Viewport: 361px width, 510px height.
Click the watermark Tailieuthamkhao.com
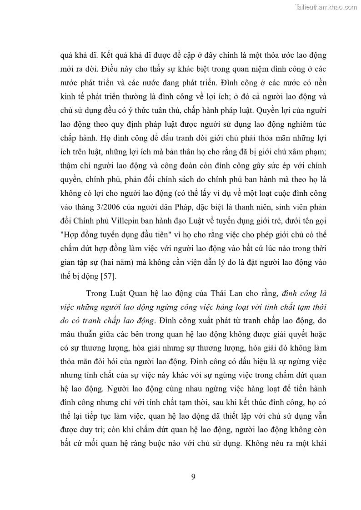point(326,7)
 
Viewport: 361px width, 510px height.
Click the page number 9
point(193,476)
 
